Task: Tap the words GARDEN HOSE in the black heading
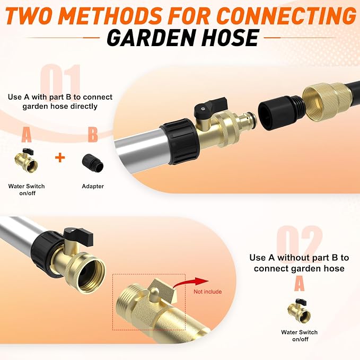click(x=183, y=38)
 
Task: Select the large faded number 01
click(x=61, y=82)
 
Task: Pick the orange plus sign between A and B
click(x=60, y=157)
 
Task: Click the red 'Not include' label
click(x=207, y=292)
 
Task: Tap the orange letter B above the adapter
click(x=93, y=135)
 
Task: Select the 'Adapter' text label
click(x=93, y=186)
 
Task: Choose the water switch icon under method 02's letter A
click(x=299, y=311)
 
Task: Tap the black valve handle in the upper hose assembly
click(x=210, y=106)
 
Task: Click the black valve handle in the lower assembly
click(x=78, y=236)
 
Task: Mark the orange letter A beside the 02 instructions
click(x=300, y=284)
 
